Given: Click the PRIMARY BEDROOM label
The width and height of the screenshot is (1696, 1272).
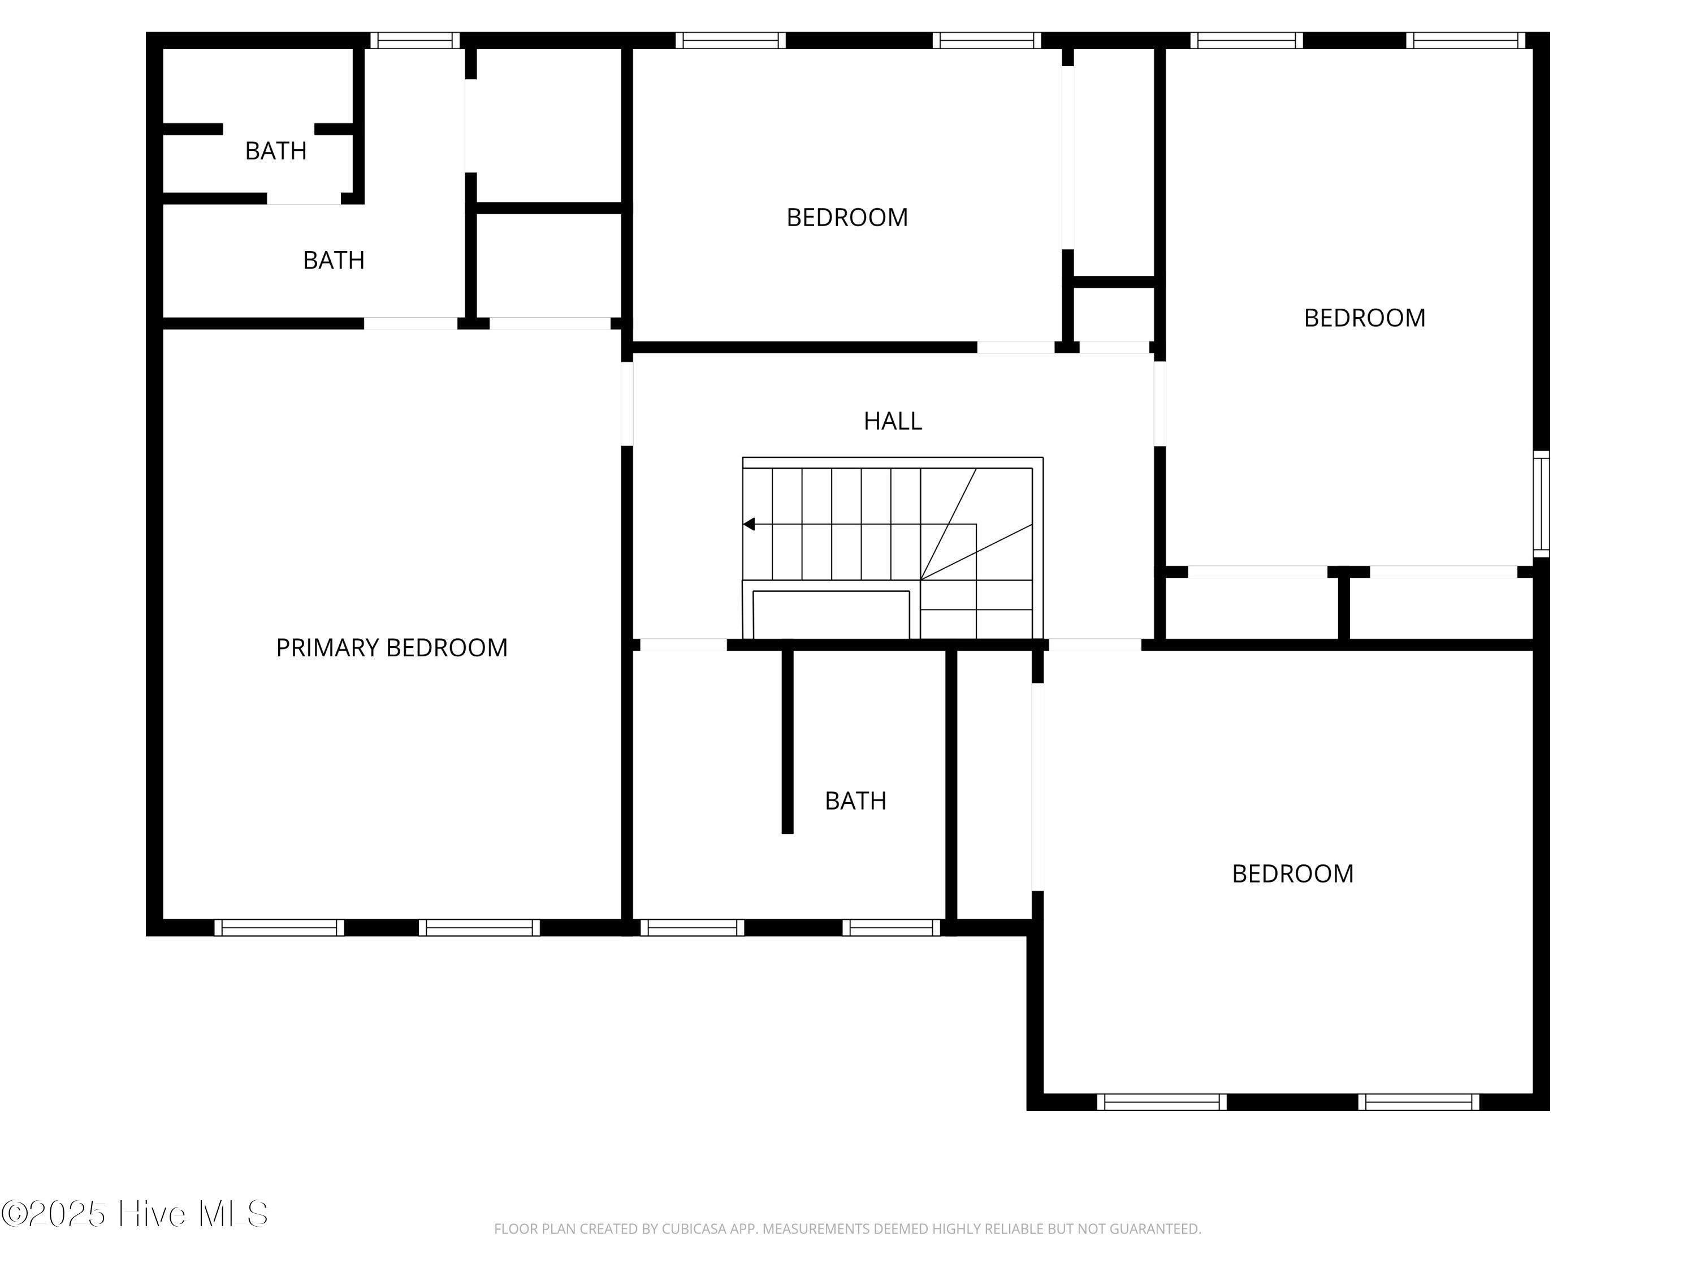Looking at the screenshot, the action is [x=392, y=648].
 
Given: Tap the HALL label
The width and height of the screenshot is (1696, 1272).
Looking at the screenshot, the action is [x=893, y=421].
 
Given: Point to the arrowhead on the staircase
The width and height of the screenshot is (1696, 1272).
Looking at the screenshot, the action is [x=749, y=525].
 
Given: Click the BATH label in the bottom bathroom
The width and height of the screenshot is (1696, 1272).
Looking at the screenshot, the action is [x=856, y=801].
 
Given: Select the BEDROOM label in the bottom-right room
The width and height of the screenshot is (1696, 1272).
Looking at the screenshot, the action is [x=1293, y=873].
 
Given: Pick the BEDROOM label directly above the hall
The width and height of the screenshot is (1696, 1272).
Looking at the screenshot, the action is [x=847, y=217].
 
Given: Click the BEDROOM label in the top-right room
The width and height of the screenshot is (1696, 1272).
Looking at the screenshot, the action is [x=1365, y=317].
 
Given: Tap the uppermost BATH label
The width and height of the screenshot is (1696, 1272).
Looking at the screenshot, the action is [x=276, y=151].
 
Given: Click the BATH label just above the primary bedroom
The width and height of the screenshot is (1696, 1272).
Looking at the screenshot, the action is [x=334, y=260].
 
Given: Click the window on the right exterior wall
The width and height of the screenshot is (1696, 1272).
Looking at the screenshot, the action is [x=1541, y=504].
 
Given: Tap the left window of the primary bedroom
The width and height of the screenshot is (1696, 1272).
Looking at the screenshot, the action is [x=279, y=928].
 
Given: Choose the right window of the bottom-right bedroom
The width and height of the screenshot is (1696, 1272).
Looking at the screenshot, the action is [x=1419, y=1102].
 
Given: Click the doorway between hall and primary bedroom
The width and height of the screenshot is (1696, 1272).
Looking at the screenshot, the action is [x=627, y=403].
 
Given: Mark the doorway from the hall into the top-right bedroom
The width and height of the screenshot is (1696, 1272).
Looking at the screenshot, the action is [x=1160, y=403].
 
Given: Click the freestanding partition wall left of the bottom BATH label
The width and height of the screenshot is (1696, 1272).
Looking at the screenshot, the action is [x=788, y=741].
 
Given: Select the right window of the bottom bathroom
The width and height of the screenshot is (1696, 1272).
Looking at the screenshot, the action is [x=892, y=928].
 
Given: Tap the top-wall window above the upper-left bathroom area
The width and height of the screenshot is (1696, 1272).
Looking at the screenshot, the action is [x=415, y=41].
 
